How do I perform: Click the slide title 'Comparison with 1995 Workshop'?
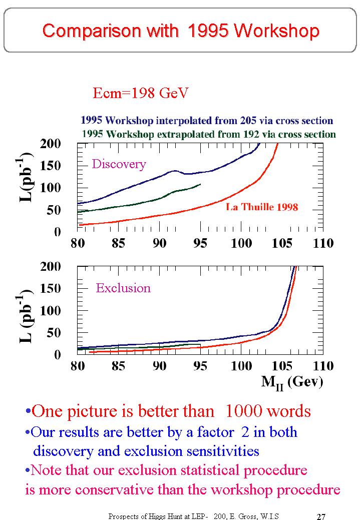(180, 31)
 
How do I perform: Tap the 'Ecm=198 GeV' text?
(141, 93)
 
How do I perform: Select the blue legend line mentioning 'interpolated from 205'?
(206, 121)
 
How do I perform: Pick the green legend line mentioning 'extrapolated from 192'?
(208, 134)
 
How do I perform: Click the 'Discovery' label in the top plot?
(119, 164)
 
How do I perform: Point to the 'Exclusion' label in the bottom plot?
(123, 288)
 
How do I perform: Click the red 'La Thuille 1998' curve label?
(262, 207)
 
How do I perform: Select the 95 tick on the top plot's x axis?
(200, 244)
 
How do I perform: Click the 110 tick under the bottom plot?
(322, 366)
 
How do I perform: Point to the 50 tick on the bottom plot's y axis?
(54, 333)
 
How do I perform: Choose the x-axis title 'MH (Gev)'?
(292, 382)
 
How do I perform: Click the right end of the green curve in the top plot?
(200, 184)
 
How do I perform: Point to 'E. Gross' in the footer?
(241, 516)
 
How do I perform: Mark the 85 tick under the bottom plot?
(118, 366)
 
